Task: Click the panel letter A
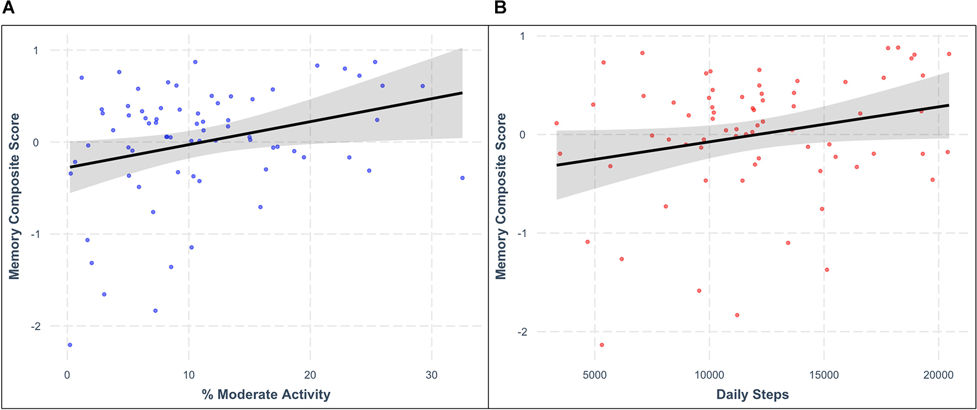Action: coord(8,7)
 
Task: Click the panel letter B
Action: coord(500,7)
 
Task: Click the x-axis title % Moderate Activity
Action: coord(266,394)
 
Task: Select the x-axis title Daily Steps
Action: coord(752,394)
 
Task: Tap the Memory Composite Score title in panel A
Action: coord(14,196)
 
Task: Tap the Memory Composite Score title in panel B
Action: coord(501,196)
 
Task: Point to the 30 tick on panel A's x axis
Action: coord(431,375)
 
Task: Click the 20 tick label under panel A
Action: coord(310,375)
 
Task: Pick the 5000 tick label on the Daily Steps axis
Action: coord(595,375)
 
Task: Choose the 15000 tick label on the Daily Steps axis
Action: coord(824,375)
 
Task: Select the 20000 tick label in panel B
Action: coord(938,375)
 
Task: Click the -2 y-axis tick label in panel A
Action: coord(35,326)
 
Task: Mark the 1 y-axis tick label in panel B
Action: coord(522,36)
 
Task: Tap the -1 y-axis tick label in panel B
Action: coord(522,233)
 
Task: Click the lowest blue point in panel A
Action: coord(70,345)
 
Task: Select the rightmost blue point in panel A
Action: coord(462,178)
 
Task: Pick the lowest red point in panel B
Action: coord(602,345)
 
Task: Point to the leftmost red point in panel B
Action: coord(556,123)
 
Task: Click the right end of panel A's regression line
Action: coord(462,93)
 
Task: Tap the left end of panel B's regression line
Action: coord(556,165)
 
